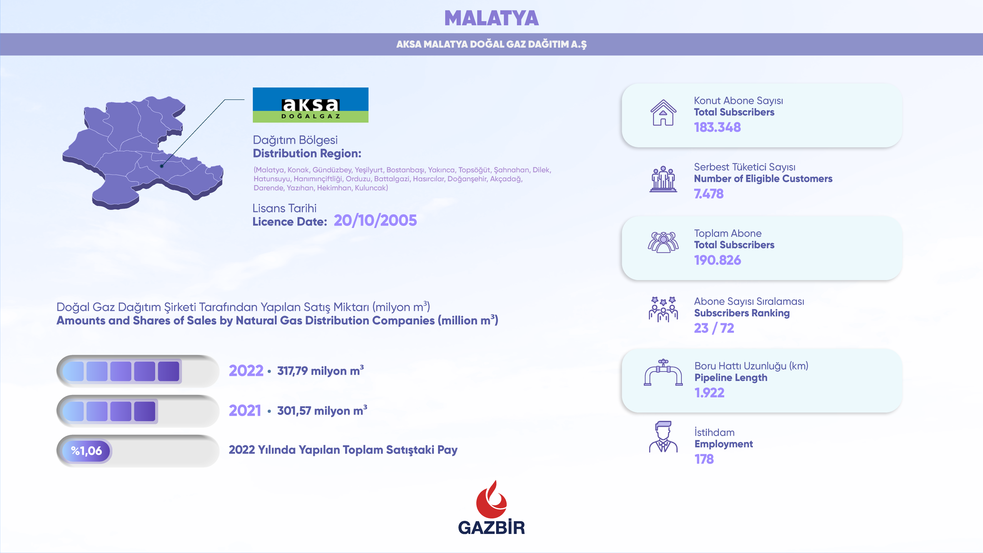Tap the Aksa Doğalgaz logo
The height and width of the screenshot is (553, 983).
click(x=311, y=105)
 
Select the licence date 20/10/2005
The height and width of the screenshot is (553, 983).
click(x=375, y=221)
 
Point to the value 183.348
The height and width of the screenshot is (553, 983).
click(x=717, y=127)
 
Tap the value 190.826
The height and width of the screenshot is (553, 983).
click(x=717, y=260)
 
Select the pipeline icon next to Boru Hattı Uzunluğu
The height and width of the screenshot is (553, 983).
click(x=663, y=373)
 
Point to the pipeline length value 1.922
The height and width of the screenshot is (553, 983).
click(x=709, y=393)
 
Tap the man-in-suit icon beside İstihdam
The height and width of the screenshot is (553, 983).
click(x=663, y=437)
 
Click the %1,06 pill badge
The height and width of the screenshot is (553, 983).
click(x=86, y=451)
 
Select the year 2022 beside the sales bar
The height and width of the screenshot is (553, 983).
click(x=246, y=371)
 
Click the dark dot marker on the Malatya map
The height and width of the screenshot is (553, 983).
click(x=162, y=166)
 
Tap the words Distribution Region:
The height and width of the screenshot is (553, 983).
click(x=307, y=153)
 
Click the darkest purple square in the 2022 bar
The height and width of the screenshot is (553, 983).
click(x=168, y=371)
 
